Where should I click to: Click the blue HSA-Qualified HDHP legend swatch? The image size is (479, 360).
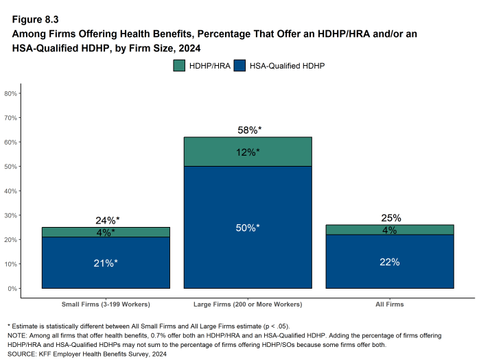[240, 67]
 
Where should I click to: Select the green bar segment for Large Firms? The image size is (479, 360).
[248, 152]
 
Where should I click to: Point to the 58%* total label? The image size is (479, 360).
[248, 130]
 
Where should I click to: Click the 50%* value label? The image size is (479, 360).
[248, 228]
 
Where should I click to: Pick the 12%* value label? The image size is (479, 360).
[248, 152]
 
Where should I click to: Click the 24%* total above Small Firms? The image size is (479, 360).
[107, 220]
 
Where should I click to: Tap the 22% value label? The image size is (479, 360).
[390, 262]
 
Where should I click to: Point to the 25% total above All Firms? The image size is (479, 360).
[390, 218]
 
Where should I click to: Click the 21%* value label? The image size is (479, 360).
[106, 263]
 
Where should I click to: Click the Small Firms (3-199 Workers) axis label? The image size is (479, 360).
[106, 304]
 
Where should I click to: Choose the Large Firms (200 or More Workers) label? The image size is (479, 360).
[248, 304]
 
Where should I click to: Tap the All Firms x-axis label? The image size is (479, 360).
[390, 304]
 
